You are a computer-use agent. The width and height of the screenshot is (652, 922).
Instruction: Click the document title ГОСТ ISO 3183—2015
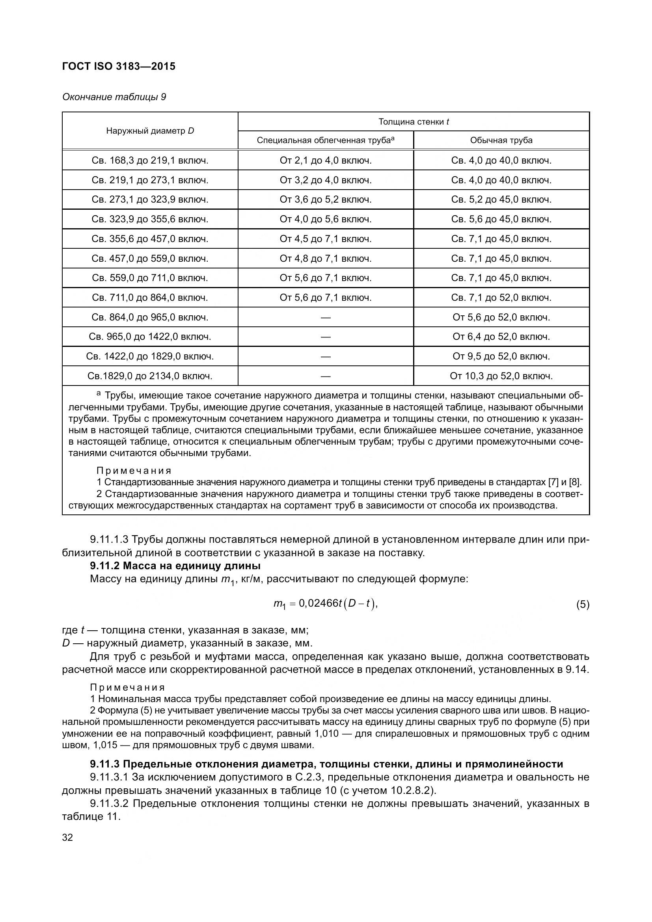click(119, 66)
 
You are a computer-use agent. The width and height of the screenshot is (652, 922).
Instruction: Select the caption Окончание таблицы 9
click(114, 97)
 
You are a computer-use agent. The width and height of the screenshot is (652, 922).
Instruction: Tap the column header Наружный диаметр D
click(150, 131)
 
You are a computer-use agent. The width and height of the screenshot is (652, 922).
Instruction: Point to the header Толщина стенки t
click(414, 122)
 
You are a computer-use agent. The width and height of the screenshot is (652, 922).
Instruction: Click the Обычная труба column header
click(501, 141)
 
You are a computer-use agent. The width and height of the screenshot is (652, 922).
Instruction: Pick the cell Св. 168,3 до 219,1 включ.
click(150, 160)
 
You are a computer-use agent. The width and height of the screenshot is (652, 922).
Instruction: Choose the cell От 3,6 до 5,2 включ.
click(325, 199)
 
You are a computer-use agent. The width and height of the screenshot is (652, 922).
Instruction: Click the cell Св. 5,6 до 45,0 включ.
click(501, 219)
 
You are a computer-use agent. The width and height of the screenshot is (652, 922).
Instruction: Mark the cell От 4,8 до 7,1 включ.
click(325, 259)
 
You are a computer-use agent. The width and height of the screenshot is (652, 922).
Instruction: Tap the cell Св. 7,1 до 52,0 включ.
click(501, 298)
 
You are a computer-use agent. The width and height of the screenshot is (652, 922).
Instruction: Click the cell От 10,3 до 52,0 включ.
click(501, 376)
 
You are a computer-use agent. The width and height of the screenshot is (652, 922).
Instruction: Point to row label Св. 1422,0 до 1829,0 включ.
click(150, 357)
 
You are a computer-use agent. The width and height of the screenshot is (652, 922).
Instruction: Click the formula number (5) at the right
click(583, 605)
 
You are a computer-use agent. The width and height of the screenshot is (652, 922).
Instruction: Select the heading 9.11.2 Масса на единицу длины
click(175, 566)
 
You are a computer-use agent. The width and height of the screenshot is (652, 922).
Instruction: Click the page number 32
click(67, 838)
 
